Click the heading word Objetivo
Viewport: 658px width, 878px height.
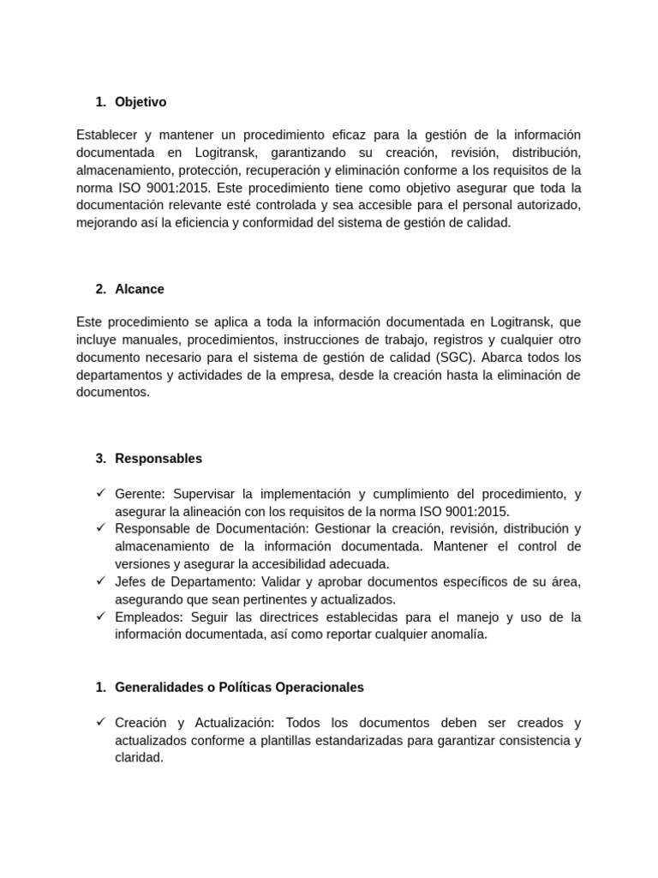click(x=141, y=102)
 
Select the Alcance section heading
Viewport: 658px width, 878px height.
click(x=140, y=289)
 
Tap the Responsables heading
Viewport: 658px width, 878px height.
click(x=159, y=458)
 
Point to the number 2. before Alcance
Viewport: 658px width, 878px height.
click(x=101, y=289)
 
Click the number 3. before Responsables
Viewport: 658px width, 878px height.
click(x=101, y=458)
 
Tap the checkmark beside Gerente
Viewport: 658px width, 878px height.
click(x=100, y=493)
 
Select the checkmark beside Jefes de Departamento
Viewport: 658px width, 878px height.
click(x=100, y=581)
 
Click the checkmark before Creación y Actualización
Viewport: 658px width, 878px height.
click(x=100, y=722)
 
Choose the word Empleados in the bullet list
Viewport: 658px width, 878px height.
click(x=143, y=616)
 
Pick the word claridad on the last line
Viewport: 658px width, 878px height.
click(x=139, y=758)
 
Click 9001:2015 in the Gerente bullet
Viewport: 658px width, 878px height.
click(x=476, y=511)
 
